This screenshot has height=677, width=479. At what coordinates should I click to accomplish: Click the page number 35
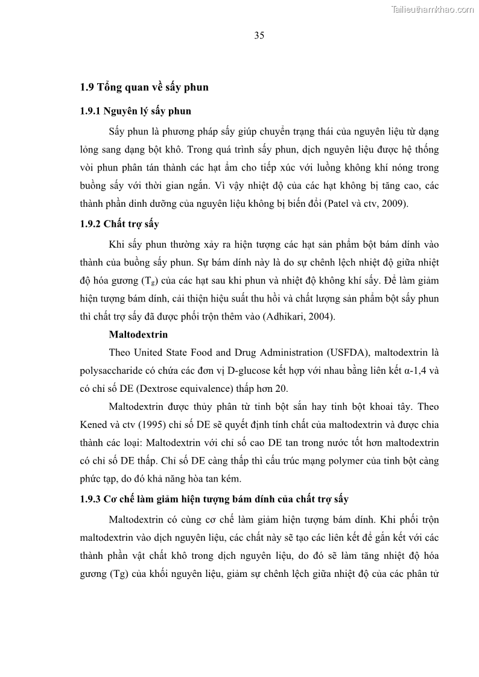[259, 35]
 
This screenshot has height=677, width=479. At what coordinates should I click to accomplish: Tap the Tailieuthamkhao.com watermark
[433, 9]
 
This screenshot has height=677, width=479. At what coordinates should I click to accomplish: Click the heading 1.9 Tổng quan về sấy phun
[144, 87]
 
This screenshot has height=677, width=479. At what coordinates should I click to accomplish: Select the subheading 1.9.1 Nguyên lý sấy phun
[136, 111]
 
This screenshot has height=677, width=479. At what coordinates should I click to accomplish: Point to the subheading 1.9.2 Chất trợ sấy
[119, 224]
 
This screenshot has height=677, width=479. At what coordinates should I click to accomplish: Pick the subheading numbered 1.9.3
[214, 499]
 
